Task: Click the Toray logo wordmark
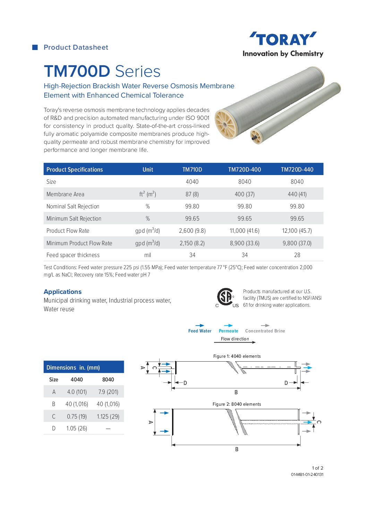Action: (x=283, y=39)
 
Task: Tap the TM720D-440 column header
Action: (x=297, y=170)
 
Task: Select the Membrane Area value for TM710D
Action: (x=192, y=194)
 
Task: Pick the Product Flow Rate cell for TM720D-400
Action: (x=245, y=231)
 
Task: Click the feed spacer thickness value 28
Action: (x=297, y=255)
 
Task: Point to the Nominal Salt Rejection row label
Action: (x=73, y=206)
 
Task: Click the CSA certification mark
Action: (x=225, y=297)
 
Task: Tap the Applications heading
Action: (x=62, y=292)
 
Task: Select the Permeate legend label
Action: (x=228, y=331)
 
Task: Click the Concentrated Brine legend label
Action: (x=265, y=331)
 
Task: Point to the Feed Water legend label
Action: (x=200, y=331)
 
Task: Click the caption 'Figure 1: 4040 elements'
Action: (x=237, y=356)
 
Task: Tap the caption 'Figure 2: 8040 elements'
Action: (x=237, y=404)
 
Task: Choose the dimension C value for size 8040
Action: (x=108, y=416)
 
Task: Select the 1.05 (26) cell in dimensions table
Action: (x=77, y=428)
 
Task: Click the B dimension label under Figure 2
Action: (x=237, y=449)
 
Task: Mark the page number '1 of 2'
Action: (x=317, y=468)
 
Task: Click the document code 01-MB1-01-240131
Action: (x=307, y=474)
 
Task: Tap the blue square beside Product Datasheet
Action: (x=35, y=48)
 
